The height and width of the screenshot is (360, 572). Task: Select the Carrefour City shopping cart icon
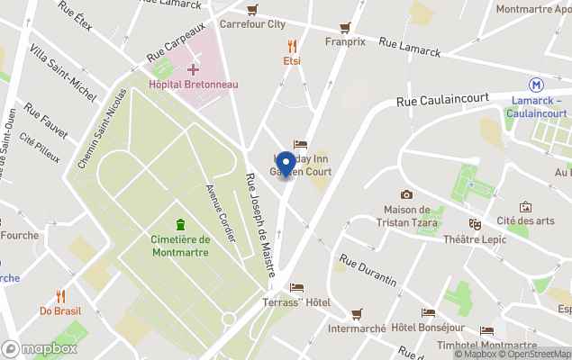[253, 9]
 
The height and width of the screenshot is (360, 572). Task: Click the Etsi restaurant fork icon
[292, 45]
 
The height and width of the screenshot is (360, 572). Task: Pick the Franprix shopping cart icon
[344, 27]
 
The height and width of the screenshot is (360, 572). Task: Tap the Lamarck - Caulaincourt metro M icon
[537, 84]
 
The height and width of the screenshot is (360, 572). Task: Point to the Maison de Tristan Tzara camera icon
[406, 194]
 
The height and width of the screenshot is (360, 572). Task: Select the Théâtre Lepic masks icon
[475, 223]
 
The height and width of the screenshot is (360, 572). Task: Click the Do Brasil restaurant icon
[60, 295]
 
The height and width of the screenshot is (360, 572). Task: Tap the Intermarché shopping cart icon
[357, 313]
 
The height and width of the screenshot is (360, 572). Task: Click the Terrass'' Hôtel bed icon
[296, 288]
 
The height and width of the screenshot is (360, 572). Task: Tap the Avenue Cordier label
[221, 212]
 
